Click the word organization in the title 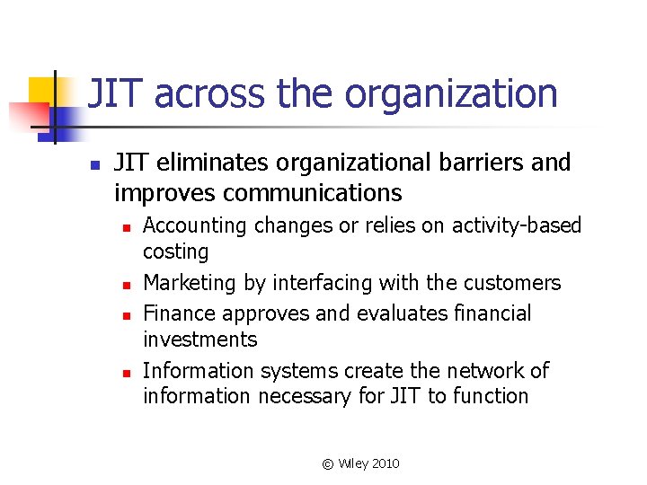[451, 94]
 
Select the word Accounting [195, 225]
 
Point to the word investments [200, 339]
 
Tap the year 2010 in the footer [385, 463]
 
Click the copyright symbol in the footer [327, 463]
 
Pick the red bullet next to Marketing [129, 285]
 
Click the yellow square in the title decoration [44, 91]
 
